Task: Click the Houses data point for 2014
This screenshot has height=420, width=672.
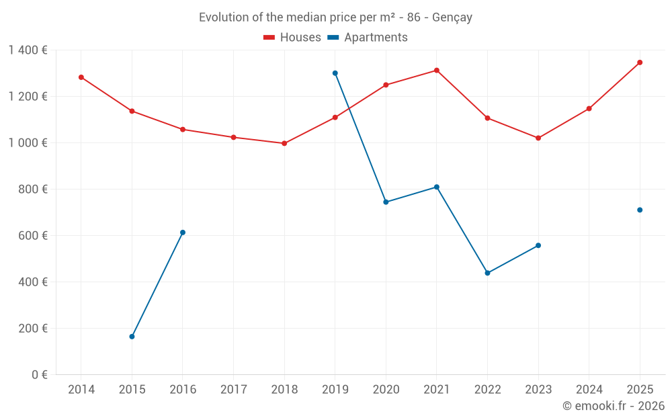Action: click(x=81, y=77)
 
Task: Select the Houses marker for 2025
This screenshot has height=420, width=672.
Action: click(x=640, y=62)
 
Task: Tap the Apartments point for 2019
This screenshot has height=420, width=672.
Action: click(x=335, y=73)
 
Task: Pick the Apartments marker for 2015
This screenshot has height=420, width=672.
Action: click(x=132, y=337)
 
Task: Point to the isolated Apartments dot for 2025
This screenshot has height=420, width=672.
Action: click(x=640, y=210)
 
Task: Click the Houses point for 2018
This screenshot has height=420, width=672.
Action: click(x=284, y=143)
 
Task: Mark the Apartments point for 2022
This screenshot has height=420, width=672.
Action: click(x=487, y=273)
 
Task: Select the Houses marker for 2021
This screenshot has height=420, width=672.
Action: click(x=437, y=70)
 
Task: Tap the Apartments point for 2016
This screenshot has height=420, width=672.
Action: click(x=183, y=233)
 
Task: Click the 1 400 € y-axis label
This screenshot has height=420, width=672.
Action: click(x=28, y=50)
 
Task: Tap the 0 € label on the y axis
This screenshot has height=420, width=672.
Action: click(x=40, y=374)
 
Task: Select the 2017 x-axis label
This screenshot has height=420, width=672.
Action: click(x=233, y=390)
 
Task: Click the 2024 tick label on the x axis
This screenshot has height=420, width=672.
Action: click(x=589, y=390)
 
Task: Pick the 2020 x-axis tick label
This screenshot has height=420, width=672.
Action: click(x=386, y=390)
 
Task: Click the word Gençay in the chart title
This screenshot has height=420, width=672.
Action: click(x=452, y=17)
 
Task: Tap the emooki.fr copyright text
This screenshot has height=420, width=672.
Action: click(x=614, y=406)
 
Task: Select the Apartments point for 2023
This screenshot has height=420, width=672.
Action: click(x=538, y=245)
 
